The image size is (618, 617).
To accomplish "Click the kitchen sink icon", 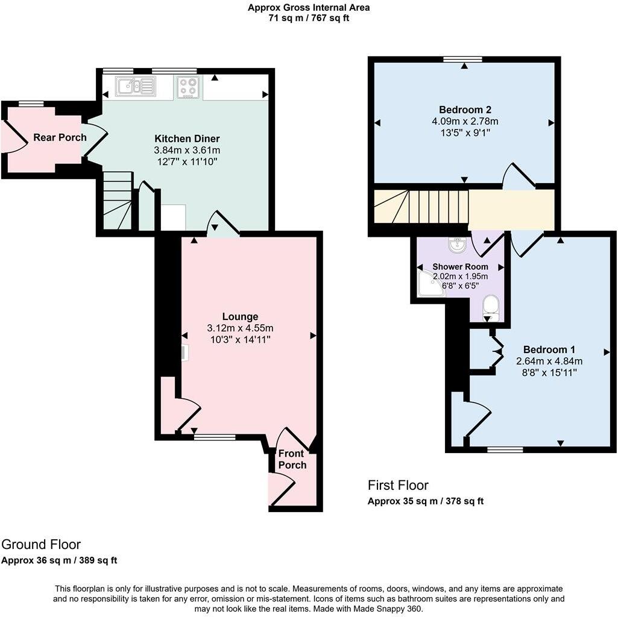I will point(136,87).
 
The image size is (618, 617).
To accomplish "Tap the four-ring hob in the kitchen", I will point(188,87).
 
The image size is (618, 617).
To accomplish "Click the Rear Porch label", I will point(60,137).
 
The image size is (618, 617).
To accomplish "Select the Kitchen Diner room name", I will point(187,138).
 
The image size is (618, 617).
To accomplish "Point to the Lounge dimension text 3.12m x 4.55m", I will point(240,328).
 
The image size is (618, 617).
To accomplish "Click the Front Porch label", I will point(292,459).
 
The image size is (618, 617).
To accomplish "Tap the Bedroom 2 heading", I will point(465,110).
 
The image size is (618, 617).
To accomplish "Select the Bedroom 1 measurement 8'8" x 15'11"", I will point(549,373).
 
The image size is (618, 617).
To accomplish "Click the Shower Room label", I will point(460,266).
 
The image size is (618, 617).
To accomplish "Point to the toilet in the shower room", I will point(491,307).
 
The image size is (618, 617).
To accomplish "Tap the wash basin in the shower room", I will point(458,245).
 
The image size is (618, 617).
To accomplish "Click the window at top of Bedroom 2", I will point(462,59).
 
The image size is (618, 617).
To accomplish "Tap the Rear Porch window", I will point(31,104).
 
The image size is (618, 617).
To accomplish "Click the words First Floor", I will point(398,485).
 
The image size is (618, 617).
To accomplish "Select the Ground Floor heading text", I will point(41,545).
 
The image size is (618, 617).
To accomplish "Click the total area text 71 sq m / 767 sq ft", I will point(309,18).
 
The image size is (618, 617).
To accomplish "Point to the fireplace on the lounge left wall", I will point(184,352).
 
